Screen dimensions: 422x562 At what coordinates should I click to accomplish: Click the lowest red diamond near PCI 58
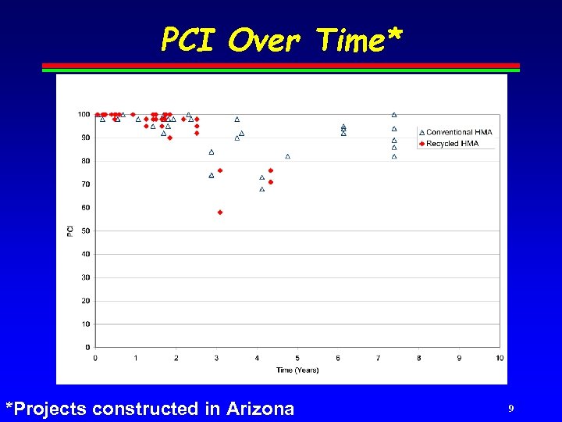[x=220, y=212]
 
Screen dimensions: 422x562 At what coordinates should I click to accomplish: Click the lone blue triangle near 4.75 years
[x=288, y=156]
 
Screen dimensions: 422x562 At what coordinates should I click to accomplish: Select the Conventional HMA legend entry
[x=459, y=132]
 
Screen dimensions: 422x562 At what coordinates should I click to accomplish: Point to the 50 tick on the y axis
[x=85, y=231]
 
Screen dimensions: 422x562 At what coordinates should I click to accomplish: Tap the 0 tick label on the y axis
[x=87, y=347]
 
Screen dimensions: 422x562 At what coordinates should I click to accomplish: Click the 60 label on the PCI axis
[x=85, y=207]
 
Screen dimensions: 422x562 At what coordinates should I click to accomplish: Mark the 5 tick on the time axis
[x=297, y=358]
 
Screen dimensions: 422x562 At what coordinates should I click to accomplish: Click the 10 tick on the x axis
[x=500, y=358]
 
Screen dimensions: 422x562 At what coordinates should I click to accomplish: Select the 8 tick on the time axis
[x=418, y=358]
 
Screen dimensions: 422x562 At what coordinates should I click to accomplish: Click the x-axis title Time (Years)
[x=297, y=370]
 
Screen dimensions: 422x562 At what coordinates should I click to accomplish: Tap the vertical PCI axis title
[x=69, y=231]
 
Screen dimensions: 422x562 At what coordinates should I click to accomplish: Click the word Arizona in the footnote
[x=261, y=408]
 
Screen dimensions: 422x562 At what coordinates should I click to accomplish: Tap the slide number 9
[x=510, y=408]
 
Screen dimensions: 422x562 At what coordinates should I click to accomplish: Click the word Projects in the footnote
[x=48, y=408]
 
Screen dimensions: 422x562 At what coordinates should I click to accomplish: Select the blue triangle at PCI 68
[x=262, y=189]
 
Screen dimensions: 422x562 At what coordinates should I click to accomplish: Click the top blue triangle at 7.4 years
[x=394, y=115]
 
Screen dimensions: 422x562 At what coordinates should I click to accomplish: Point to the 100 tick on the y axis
[x=84, y=114]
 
